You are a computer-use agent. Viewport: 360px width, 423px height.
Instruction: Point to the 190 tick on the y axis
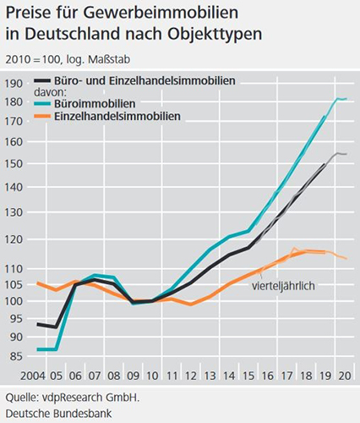tap(14, 83)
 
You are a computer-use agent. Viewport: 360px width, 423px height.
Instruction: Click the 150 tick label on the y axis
tap(14, 166)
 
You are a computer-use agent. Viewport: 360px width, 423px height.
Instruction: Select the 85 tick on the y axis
tap(14, 357)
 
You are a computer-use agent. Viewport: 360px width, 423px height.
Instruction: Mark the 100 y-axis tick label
tap(14, 301)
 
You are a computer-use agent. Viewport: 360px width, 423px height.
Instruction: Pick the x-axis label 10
tap(151, 375)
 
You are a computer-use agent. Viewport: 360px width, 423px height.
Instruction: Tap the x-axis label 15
tap(248, 375)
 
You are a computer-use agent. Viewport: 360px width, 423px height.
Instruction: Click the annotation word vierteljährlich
tap(283, 286)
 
